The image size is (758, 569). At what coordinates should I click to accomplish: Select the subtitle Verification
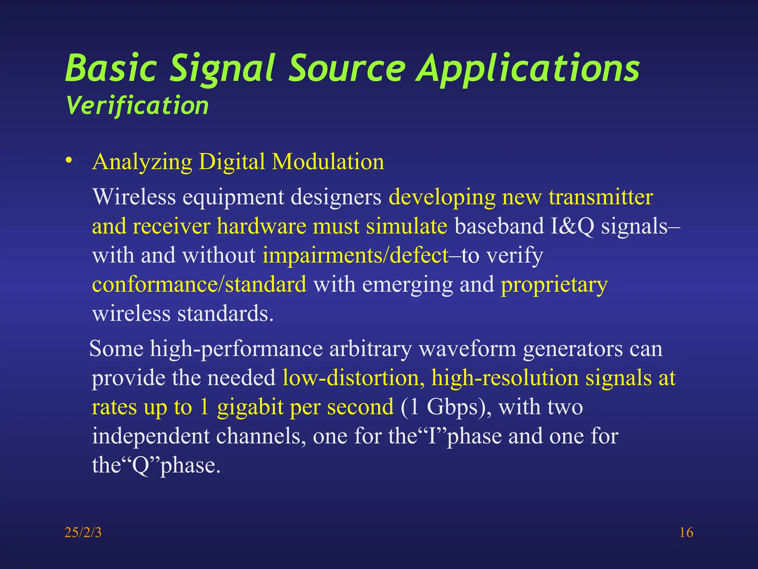tap(137, 106)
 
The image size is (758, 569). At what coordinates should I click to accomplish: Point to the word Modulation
tap(328, 162)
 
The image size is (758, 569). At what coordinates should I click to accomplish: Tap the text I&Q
tap(572, 226)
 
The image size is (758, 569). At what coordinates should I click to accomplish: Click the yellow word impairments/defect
tap(355, 255)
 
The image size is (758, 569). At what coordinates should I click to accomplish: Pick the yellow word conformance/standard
tap(199, 284)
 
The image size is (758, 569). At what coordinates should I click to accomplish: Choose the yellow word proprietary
tap(554, 285)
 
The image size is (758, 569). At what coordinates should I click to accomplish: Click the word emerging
tap(407, 285)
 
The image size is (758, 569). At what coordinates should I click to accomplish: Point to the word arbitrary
tap(370, 349)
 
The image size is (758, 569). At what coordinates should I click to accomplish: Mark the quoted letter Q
tap(140, 465)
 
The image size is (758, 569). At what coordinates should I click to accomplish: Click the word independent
tap(151, 436)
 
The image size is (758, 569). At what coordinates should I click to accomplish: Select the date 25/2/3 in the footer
tap(83, 533)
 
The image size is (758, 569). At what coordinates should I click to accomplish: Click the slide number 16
tap(686, 533)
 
